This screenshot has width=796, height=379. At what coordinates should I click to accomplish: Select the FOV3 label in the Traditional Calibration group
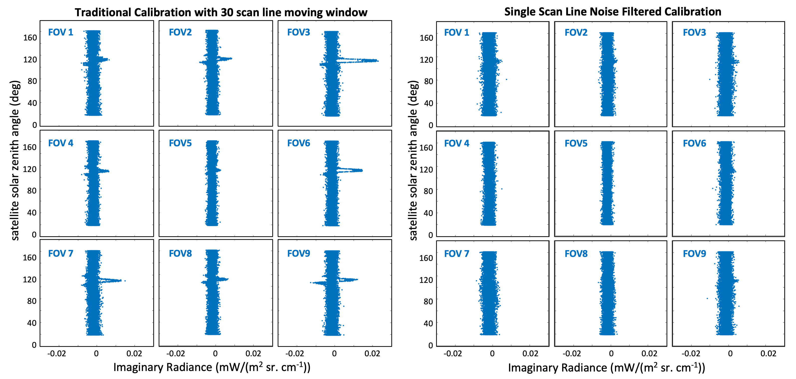pyautogui.click(x=298, y=32)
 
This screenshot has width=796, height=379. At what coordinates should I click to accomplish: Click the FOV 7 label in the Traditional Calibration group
pyautogui.click(x=61, y=253)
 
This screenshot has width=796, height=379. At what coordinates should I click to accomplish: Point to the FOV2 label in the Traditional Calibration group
pyautogui.click(x=180, y=32)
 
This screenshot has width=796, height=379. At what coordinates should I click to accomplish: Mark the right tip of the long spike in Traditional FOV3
pyautogui.click(x=378, y=61)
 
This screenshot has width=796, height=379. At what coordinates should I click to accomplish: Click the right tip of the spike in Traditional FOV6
pyautogui.click(x=362, y=170)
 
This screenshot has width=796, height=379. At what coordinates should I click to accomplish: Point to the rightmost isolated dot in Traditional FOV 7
pyautogui.click(x=125, y=281)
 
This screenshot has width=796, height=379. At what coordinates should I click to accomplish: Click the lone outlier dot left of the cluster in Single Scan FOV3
pyautogui.click(x=709, y=79)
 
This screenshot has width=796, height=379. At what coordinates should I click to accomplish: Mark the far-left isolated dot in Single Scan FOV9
pyautogui.click(x=707, y=298)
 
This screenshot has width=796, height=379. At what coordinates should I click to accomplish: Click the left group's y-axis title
pyautogui.click(x=15, y=161)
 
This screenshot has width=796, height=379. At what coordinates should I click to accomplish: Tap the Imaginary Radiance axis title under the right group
pyautogui.click(x=606, y=368)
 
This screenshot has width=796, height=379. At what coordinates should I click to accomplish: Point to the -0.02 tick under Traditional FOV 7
pyautogui.click(x=57, y=353)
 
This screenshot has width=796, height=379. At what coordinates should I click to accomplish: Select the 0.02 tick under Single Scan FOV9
pyautogui.click(x=768, y=353)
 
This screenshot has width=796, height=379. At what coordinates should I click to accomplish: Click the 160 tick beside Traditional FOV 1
pyautogui.click(x=30, y=38)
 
